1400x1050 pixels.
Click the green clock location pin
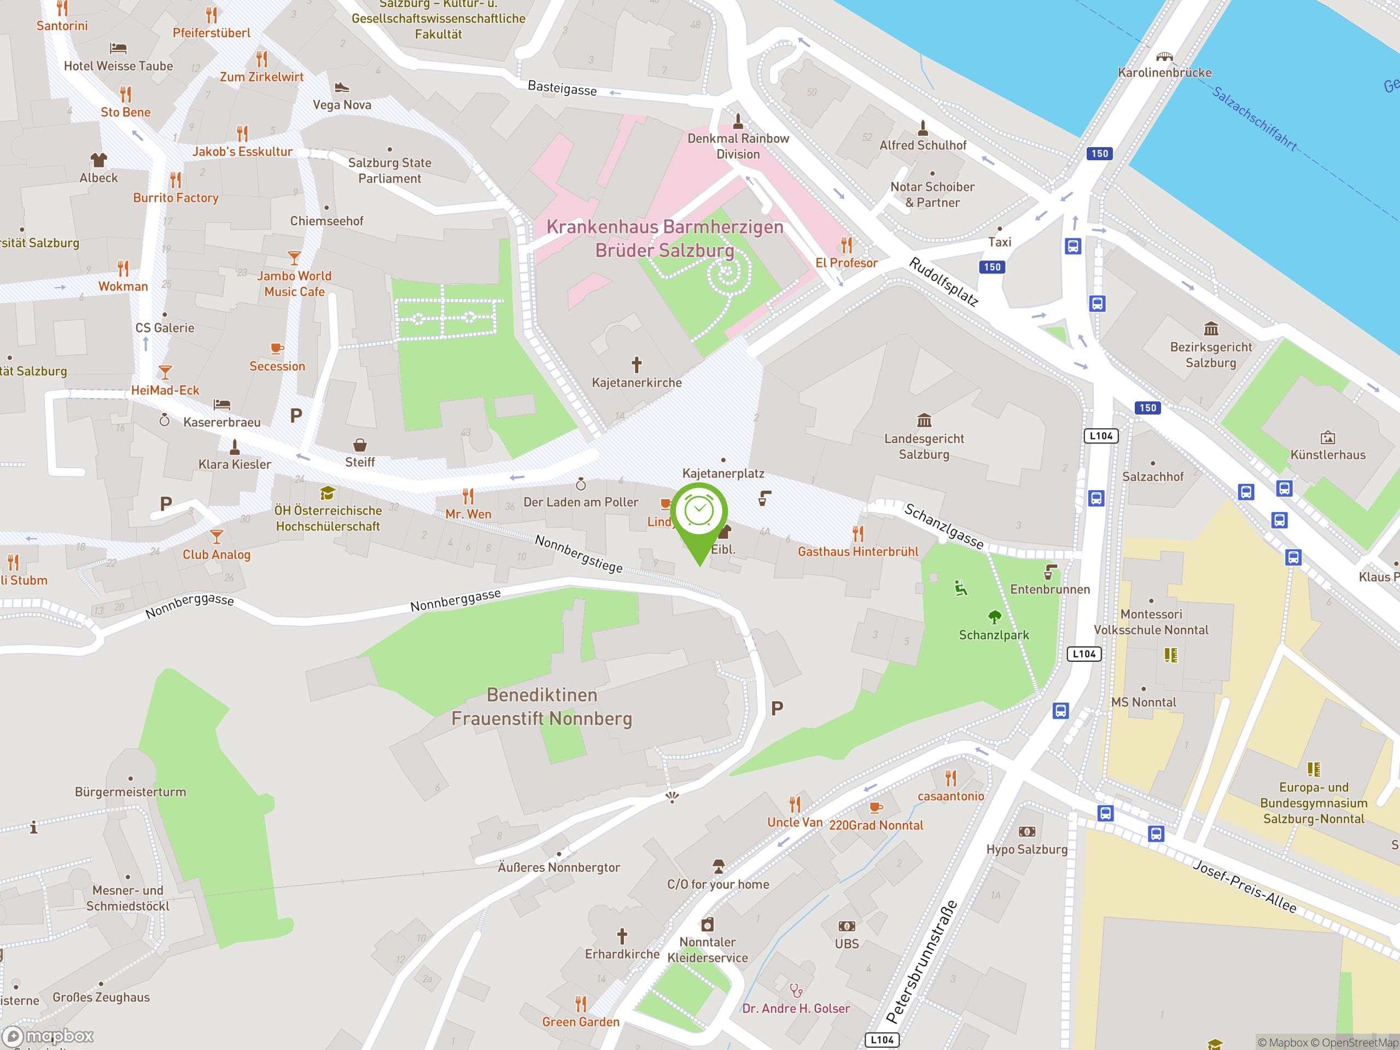click(699, 511)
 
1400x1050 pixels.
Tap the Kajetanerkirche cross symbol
click(637, 365)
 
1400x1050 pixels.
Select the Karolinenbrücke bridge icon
click(1164, 56)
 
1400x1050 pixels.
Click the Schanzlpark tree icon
click(994, 616)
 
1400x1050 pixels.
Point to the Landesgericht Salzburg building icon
click(924, 420)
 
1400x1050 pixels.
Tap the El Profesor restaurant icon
click(846, 245)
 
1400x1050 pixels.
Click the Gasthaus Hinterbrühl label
click(857, 551)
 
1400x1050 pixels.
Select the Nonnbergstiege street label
click(579, 554)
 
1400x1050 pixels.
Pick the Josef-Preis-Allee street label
click(1244, 886)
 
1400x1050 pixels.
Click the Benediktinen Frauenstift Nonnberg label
click(542, 707)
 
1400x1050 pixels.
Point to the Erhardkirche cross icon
click(622, 936)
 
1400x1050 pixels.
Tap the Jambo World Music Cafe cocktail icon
click(294, 258)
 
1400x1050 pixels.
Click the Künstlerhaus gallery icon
click(1328, 437)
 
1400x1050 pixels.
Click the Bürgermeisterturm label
click(130, 792)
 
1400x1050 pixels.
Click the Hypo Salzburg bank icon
click(1026, 832)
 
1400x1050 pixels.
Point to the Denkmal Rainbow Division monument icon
click(738, 120)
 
